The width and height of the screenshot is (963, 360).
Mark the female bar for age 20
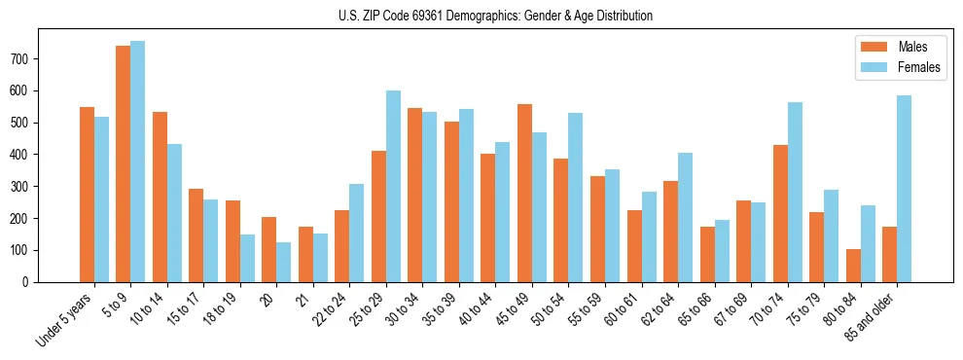tap(284, 262)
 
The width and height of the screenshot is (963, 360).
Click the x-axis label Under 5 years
tap(64, 320)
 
